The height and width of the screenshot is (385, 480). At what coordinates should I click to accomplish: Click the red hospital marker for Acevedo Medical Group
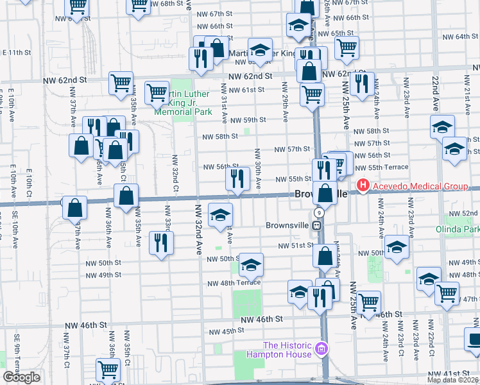(363, 187)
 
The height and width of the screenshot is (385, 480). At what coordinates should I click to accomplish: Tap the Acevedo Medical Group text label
(419, 187)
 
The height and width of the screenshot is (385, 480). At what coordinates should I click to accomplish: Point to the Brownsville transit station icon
(317, 225)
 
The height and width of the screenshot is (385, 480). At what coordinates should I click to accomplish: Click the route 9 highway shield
(318, 212)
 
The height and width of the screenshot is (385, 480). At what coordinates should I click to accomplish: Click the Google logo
(21, 377)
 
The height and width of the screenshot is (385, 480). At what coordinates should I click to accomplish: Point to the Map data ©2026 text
(453, 380)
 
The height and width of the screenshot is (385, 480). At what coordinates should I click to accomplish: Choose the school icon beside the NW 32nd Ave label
(220, 216)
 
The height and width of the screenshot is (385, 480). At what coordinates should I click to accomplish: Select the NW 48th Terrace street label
(233, 283)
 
